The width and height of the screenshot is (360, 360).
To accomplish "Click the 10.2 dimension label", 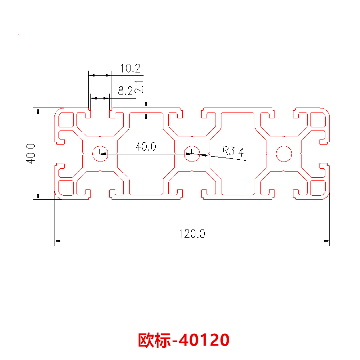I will coord(130,69).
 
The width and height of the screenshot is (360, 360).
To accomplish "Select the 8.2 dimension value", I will coord(125,91).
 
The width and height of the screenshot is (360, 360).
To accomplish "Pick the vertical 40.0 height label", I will coord(31,153).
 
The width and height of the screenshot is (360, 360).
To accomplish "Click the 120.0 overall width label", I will coord(192,234).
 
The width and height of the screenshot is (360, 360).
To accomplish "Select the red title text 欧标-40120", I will coord(184,340).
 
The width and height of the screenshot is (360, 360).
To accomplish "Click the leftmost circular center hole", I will coord(99,153).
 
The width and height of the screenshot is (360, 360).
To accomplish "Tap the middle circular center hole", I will coord(192,153).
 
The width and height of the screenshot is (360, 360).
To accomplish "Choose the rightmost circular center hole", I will coord(284,153).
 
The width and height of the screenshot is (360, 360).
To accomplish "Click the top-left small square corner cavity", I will coord(67,120).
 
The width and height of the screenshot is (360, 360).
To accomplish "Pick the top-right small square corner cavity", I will coord(317,120).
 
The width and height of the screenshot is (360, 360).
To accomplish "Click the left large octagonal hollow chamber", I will coord(146,153).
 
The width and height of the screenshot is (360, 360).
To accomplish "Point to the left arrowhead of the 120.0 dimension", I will coord(57,242).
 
